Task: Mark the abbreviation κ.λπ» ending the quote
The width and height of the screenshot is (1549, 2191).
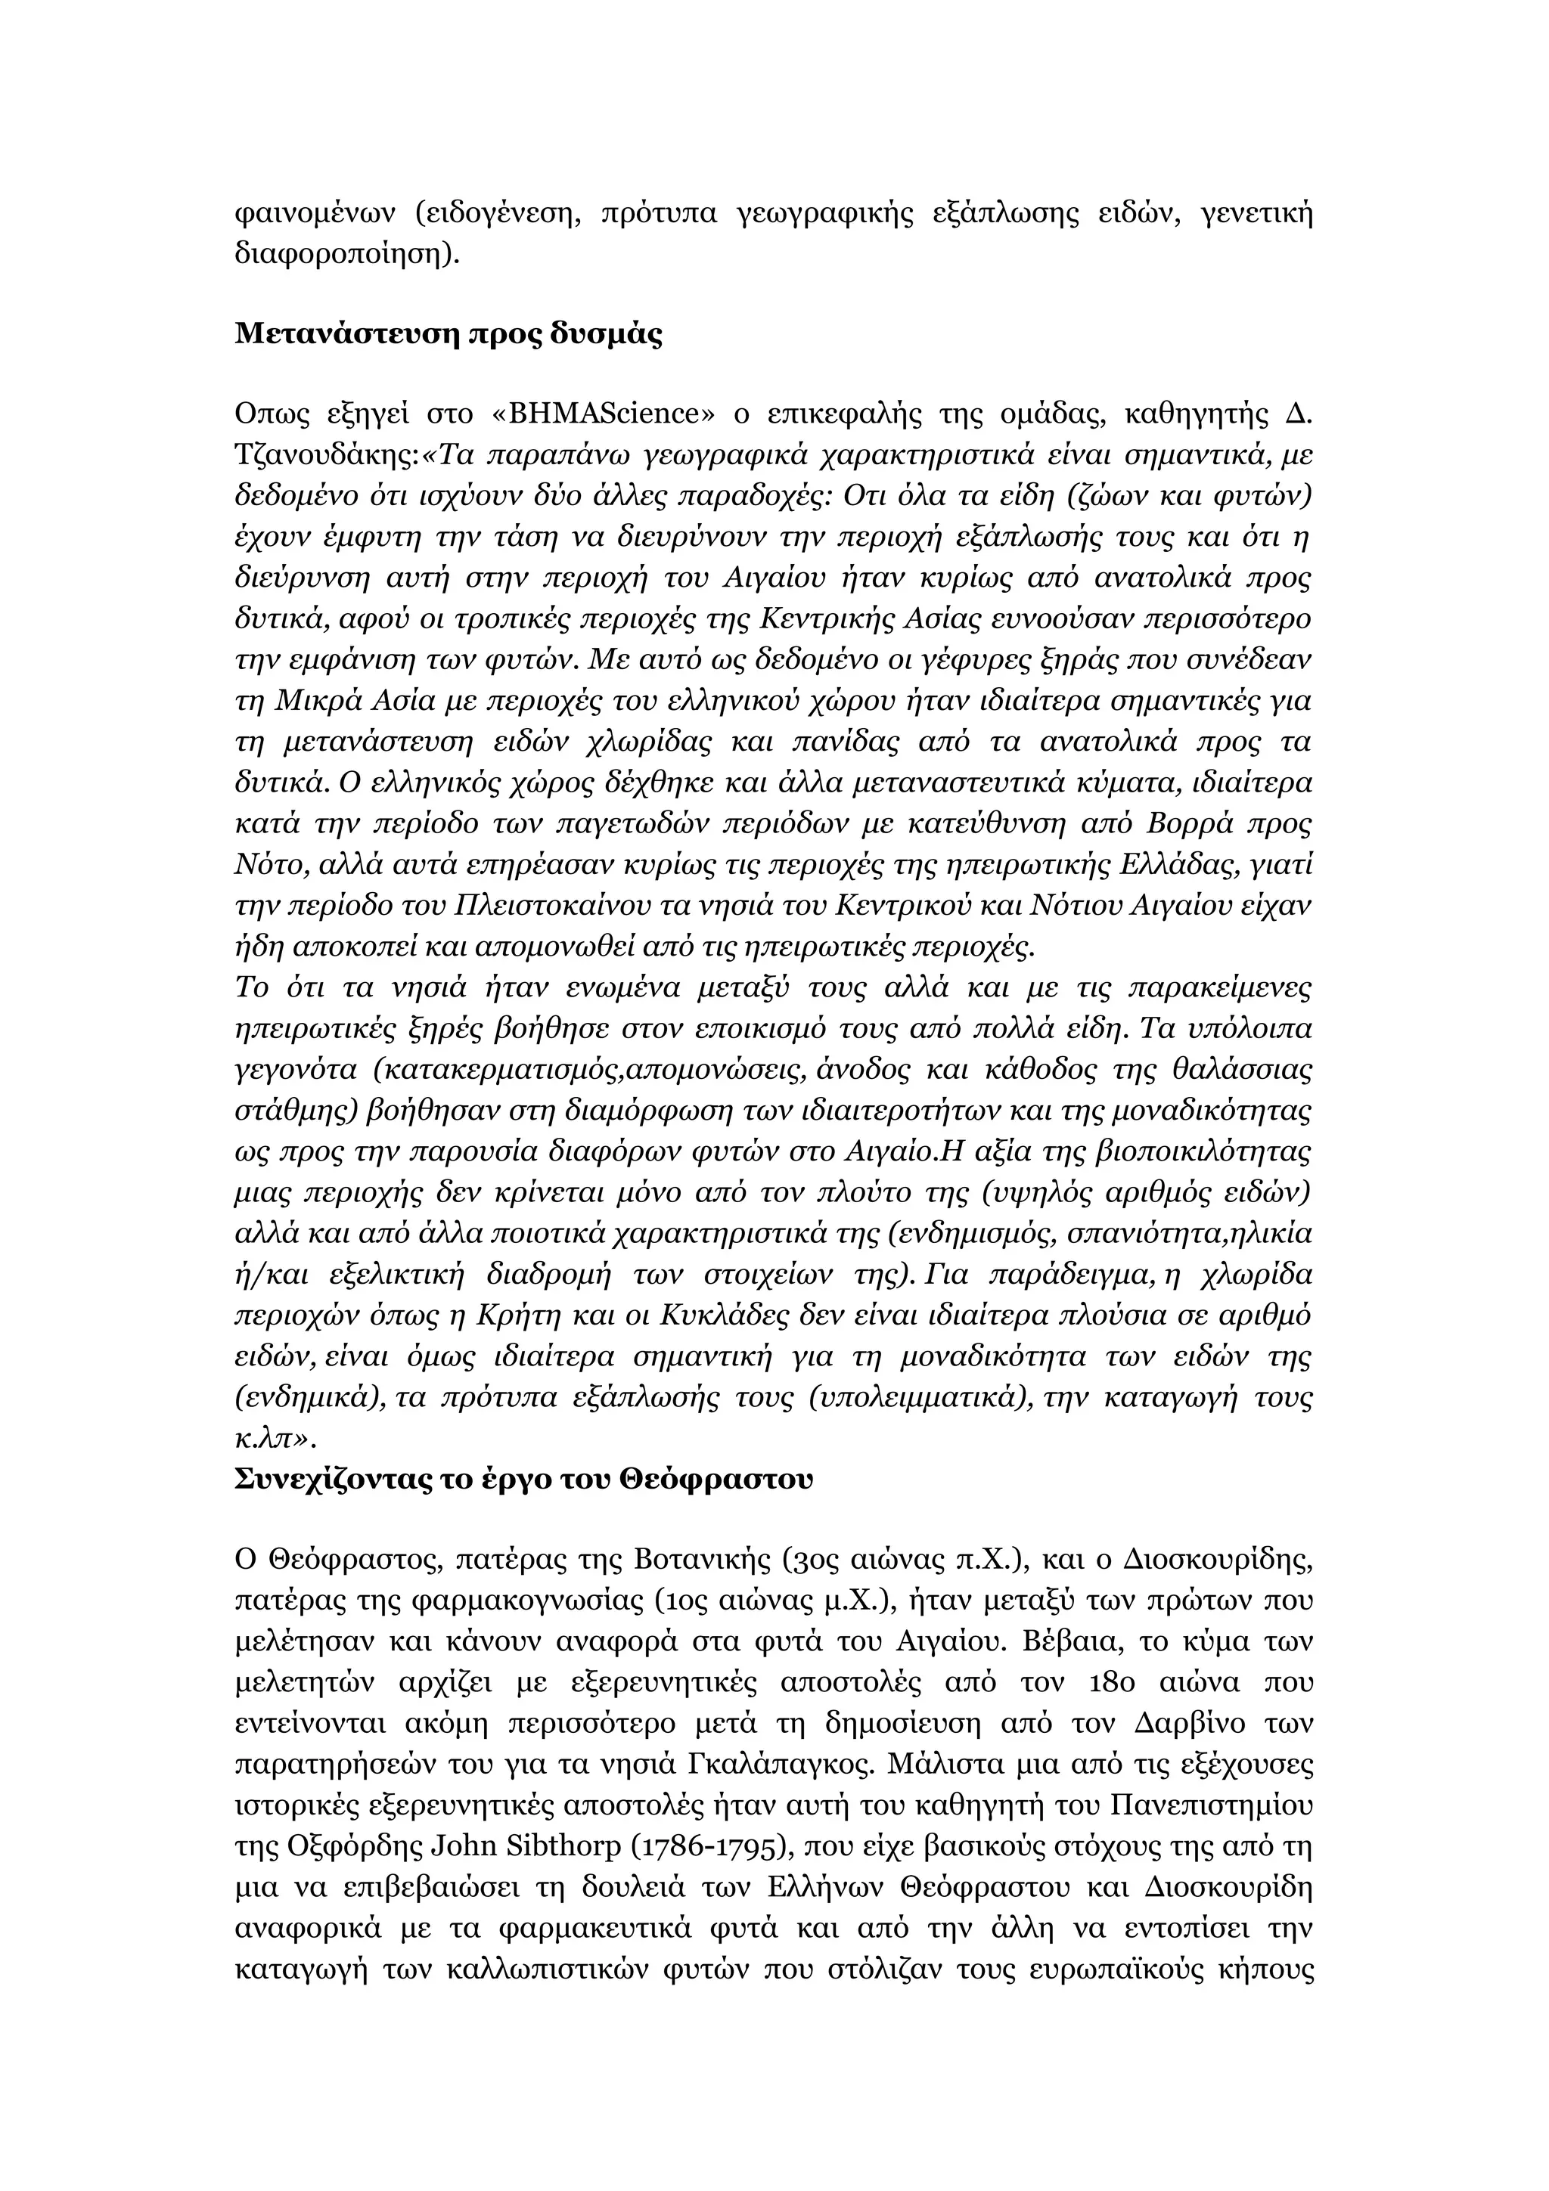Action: point(274,1438)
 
